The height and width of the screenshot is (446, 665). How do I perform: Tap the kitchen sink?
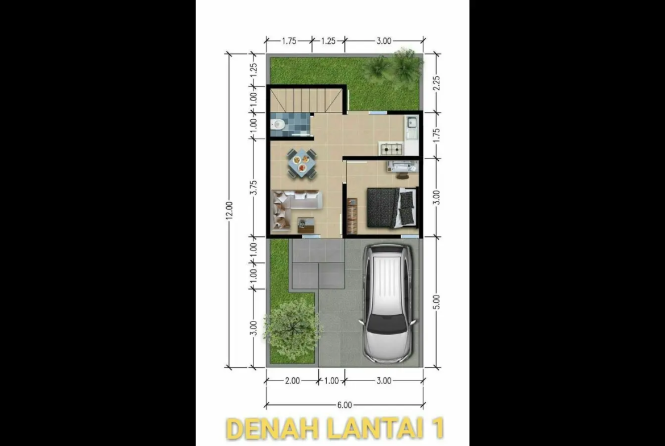[x=411, y=123]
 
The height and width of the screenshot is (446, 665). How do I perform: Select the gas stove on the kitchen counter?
[x=392, y=149]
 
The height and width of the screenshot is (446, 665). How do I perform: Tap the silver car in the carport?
[x=388, y=303]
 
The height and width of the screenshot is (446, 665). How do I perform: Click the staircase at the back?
[x=306, y=99]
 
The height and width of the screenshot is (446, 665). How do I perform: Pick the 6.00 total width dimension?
[x=344, y=405]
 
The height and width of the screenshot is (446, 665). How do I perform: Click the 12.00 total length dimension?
[x=230, y=210]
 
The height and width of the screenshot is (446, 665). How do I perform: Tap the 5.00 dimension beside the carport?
[x=437, y=302]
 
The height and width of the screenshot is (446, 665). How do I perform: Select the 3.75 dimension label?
[x=253, y=187]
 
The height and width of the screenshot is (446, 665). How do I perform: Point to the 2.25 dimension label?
[x=437, y=83]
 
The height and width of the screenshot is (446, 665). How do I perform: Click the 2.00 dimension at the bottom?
[x=292, y=381]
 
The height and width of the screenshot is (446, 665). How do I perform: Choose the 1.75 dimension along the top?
[x=289, y=41]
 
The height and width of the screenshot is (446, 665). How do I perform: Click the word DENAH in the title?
[x=273, y=428]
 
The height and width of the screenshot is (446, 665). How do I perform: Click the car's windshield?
[x=388, y=325]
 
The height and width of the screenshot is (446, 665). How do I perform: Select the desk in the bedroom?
[x=402, y=166]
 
